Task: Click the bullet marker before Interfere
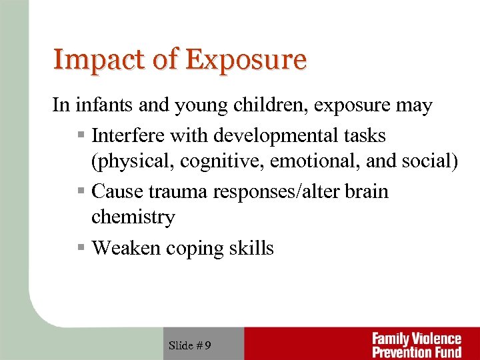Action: click(81, 136)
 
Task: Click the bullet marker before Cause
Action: click(81, 192)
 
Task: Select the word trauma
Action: click(178, 192)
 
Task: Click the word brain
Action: click(365, 192)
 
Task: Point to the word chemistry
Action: click(133, 217)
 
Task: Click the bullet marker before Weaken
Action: click(81, 248)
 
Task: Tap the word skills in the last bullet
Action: click(251, 248)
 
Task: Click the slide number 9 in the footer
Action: click(208, 345)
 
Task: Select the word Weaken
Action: click(125, 248)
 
